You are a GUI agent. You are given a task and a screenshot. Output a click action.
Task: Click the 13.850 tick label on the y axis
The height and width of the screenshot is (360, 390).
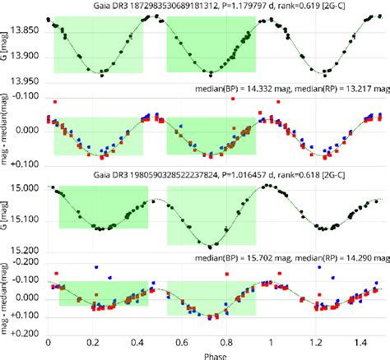24,30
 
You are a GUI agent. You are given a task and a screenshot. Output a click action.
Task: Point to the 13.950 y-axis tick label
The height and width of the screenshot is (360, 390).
24,80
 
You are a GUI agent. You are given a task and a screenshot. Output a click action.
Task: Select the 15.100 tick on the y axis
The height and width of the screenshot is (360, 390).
24,219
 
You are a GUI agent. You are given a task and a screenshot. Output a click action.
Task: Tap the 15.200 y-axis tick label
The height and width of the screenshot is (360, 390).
24,249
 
